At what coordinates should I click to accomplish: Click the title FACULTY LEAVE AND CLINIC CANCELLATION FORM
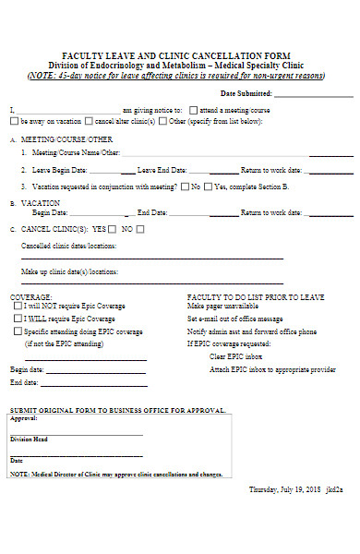(x=175, y=56)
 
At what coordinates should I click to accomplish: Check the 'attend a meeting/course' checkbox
(x=194, y=108)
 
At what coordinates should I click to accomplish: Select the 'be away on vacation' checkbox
(x=15, y=120)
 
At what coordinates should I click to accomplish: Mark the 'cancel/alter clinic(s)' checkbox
(x=88, y=120)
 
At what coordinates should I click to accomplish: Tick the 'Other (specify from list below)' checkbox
(x=162, y=120)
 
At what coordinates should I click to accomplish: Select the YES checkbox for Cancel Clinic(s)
(x=113, y=229)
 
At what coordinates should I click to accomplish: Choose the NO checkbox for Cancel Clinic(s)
(x=140, y=229)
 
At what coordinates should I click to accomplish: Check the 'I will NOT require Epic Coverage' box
(x=18, y=305)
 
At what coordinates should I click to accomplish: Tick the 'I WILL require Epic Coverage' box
(x=18, y=318)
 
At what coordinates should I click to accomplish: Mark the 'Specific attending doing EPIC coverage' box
(x=18, y=331)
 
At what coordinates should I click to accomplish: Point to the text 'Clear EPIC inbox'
(x=236, y=356)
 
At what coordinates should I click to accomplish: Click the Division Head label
(x=28, y=440)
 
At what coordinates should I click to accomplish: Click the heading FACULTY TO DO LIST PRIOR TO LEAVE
(x=255, y=296)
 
